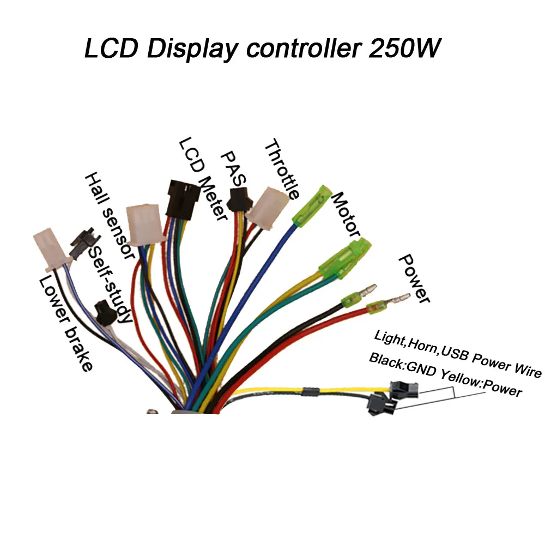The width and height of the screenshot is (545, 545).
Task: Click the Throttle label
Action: [x=281, y=169]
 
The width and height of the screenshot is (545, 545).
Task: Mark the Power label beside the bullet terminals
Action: [x=414, y=278]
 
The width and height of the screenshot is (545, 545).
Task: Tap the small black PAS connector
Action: [x=238, y=199]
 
